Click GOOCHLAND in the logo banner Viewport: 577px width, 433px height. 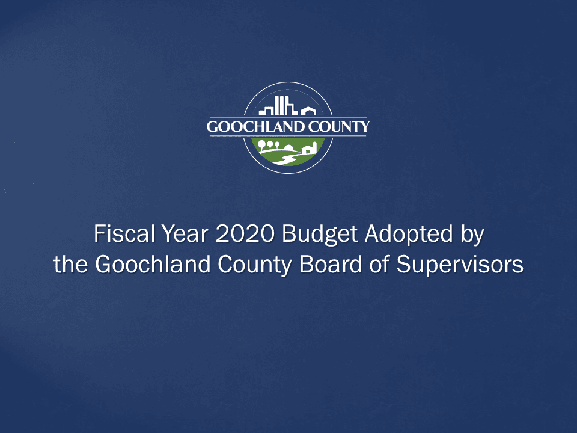tap(251, 127)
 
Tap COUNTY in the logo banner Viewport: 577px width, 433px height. tap(340, 127)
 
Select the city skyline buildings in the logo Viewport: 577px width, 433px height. tap(278, 106)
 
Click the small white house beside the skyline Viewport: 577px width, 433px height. tap(308, 111)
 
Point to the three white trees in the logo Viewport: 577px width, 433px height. tap(269, 145)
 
